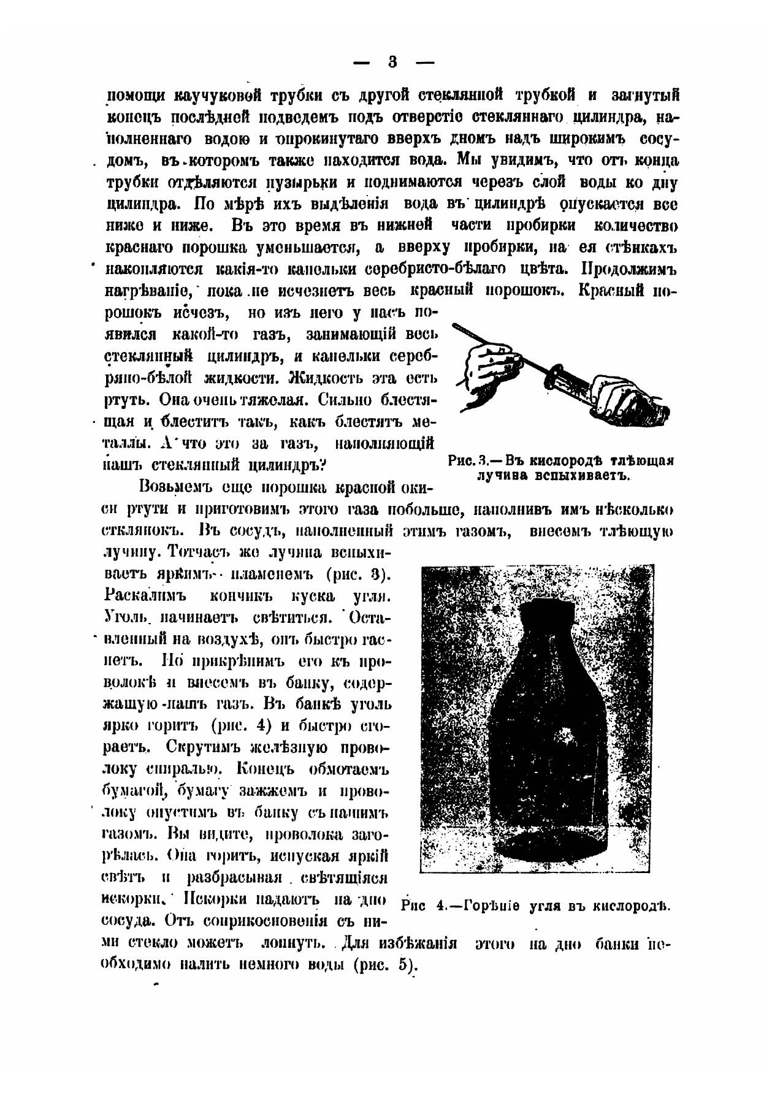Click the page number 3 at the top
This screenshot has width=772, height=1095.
pos(393,62)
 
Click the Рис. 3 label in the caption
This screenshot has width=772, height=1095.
pos(467,462)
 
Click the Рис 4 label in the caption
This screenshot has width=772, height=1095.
pos(420,906)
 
